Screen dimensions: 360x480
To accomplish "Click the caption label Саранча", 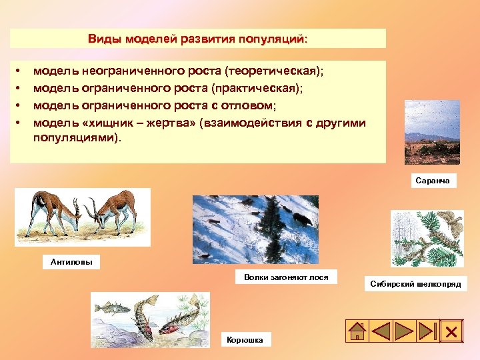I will (433, 181).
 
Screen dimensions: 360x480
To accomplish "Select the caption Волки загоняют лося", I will (286, 277).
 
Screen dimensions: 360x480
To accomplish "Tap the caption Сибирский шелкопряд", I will (415, 284).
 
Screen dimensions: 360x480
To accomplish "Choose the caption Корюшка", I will (245, 340).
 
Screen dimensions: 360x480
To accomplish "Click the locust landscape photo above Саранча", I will (432, 132).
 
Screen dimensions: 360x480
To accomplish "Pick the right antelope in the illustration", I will (113, 206).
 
